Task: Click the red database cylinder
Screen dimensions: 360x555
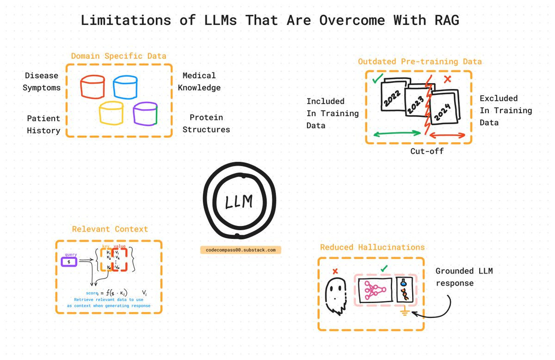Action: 92,87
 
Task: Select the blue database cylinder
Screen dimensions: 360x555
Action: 125,87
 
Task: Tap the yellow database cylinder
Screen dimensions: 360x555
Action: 111,113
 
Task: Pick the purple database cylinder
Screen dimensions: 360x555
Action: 145,114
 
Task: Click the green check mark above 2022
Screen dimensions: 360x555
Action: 377,79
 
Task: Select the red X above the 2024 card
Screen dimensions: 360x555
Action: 447,79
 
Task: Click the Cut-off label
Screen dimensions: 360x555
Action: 427,151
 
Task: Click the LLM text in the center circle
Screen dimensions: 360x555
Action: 239,201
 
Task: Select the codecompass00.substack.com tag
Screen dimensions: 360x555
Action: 240,250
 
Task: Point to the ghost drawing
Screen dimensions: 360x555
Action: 335,294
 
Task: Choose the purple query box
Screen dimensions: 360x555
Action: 69,262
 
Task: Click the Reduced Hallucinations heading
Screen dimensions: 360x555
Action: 372,247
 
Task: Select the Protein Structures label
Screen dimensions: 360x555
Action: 206,123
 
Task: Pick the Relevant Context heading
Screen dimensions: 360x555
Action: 110,229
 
